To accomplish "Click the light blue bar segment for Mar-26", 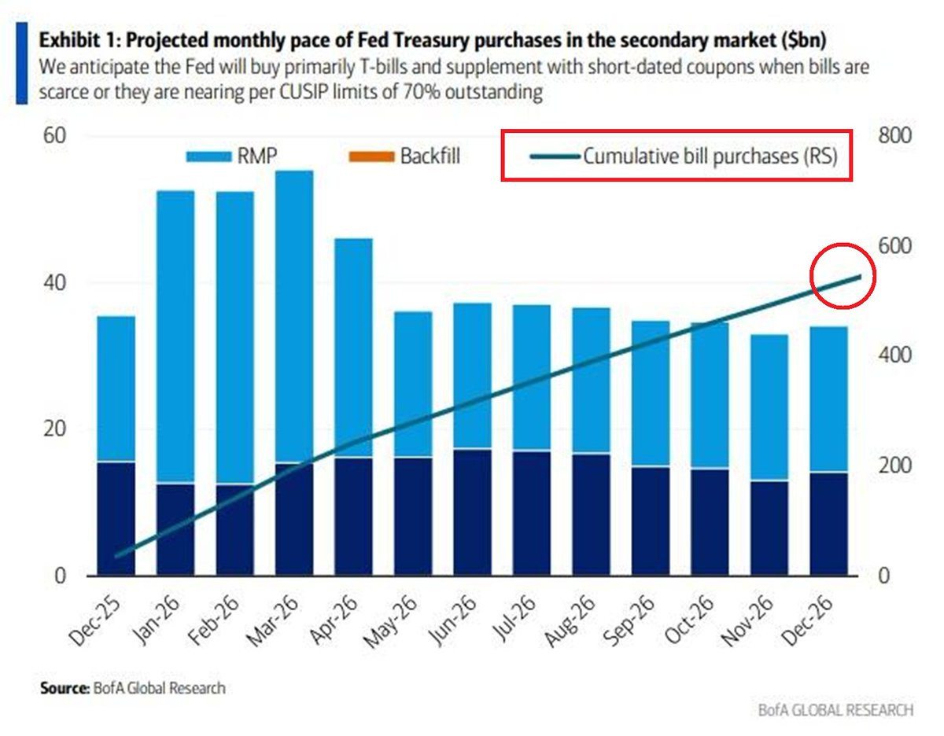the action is point(294,316).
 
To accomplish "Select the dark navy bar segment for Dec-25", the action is point(116,519).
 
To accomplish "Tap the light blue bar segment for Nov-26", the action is point(769,407).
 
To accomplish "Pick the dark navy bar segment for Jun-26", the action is point(472,513).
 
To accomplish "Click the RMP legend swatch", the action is point(208,156).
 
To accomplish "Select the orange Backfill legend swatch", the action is point(371,156).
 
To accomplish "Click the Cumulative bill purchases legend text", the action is point(710,156).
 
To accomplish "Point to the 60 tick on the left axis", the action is point(55,135).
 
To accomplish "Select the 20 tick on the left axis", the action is point(55,429).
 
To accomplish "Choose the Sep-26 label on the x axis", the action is point(629,621).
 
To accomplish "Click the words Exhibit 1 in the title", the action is point(78,40).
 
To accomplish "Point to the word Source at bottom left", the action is point(65,688).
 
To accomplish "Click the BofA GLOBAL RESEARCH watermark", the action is point(835,710).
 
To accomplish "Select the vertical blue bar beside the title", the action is point(22,64).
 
